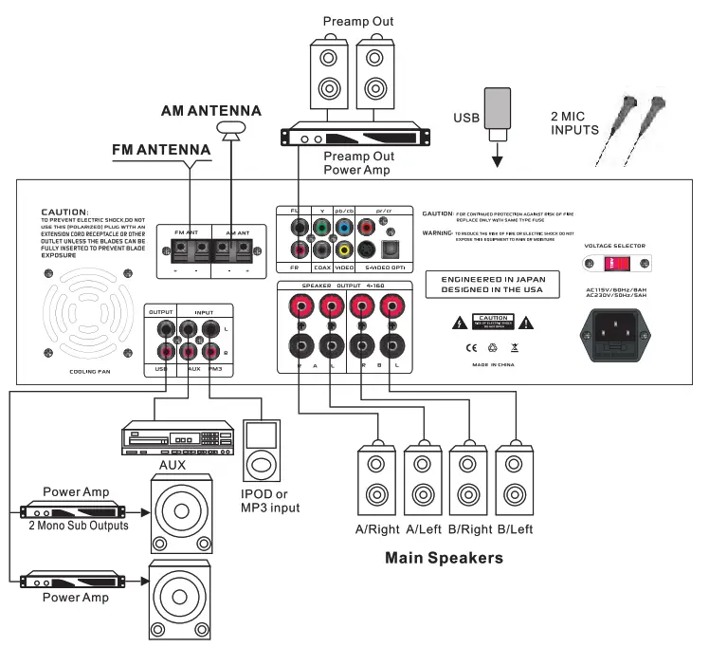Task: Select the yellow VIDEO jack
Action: click(x=342, y=250)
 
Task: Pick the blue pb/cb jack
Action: click(x=342, y=228)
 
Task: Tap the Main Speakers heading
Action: click(x=444, y=558)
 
